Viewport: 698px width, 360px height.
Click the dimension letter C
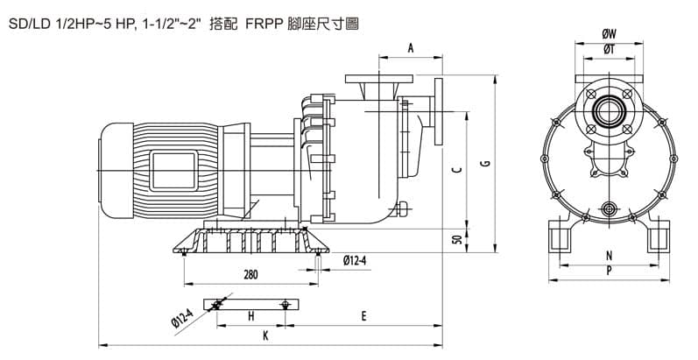pos(455,171)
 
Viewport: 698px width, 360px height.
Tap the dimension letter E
pos(364,316)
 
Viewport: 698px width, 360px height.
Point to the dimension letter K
pos(266,335)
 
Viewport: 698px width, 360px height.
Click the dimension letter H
pos(251,316)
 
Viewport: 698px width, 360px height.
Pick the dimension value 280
pos(250,275)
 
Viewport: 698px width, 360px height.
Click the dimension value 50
pos(456,241)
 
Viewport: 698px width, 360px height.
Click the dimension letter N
pos(609,257)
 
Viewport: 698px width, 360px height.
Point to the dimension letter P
pos(609,272)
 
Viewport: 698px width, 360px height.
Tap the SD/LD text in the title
pos(28,27)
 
